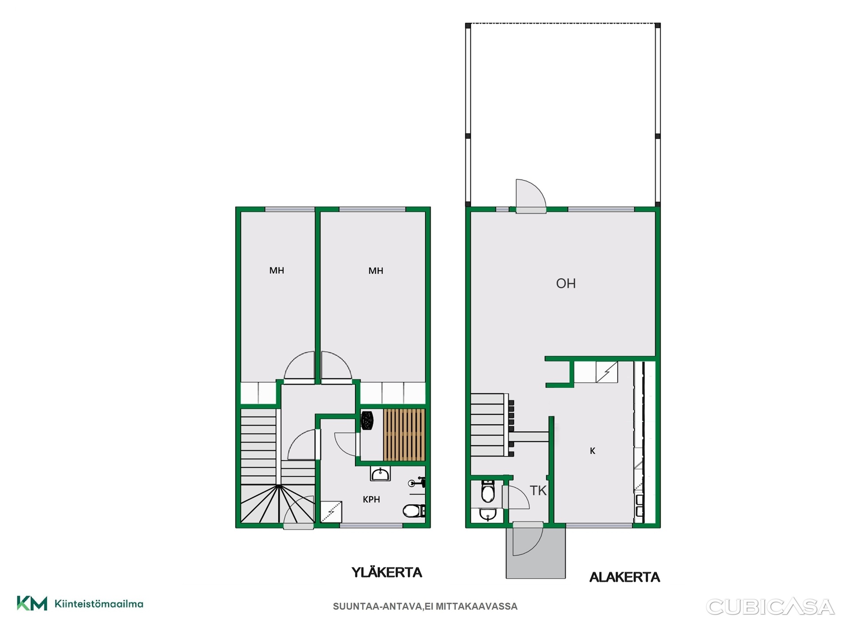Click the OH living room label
(x=566, y=284)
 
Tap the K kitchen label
(x=593, y=451)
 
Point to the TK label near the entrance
(x=538, y=490)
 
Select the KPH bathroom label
(x=371, y=499)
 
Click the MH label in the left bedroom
(x=277, y=270)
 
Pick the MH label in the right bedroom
(x=376, y=271)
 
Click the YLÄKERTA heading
(x=387, y=572)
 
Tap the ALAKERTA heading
(x=625, y=577)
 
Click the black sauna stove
(x=367, y=420)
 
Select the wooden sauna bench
(x=404, y=435)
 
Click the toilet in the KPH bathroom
(x=414, y=511)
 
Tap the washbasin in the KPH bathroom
(x=380, y=474)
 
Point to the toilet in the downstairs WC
(x=488, y=491)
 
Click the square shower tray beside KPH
(x=331, y=512)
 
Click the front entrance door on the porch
(x=528, y=539)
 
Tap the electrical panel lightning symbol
(x=607, y=372)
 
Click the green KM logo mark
(x=32, y=603)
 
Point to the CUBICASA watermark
(x=770, y=607)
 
